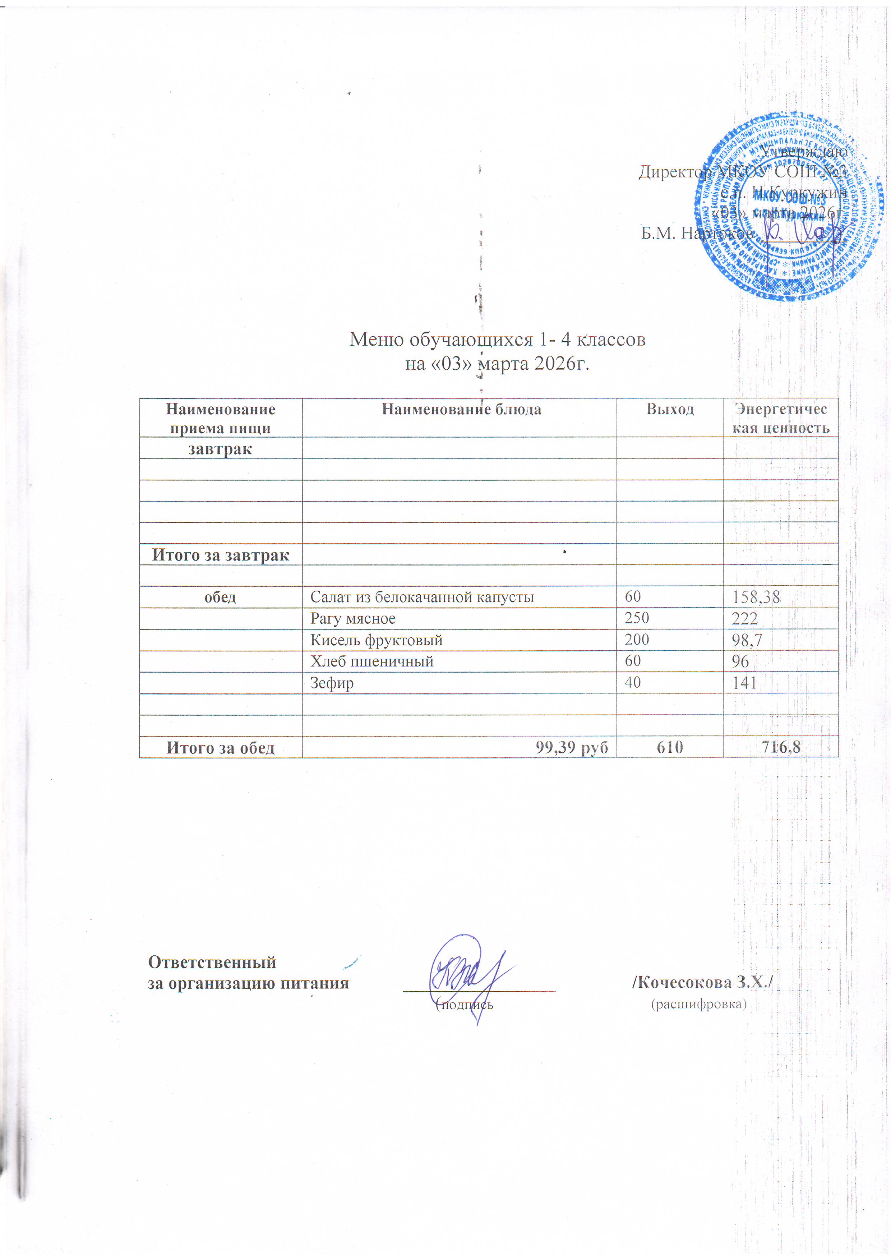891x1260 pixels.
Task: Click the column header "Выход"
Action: pyautogui.click(x=670, y=409)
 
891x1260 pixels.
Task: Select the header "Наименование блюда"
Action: pyautogui.click(x=461, y=409)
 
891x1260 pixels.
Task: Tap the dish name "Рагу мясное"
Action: pyautogui.click(x=353, y=618)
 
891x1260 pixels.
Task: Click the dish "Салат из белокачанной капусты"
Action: pyautogui.click(x=422, y=597)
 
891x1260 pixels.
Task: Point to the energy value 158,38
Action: pyautogui.click(x=756, y=597)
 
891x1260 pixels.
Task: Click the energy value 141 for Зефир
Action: pyautogui.click(x=744, y=683)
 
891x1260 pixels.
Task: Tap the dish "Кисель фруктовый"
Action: pyautogui.click(x=377, y=640)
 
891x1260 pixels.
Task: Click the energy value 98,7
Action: pyautogui.click(x=747, y=640)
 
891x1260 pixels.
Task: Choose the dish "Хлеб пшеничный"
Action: pyautogui.click(x=372, y=661)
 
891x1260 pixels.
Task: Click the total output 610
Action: pyautogui.click(x=670, y=747)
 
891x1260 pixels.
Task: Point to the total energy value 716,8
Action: pyautogui.click(x=780, y=747)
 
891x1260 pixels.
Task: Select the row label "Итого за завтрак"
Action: pyautogui.click(x=221, y=555)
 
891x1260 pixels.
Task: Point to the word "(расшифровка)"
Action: pyautogui.click(x=699, y=1004)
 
